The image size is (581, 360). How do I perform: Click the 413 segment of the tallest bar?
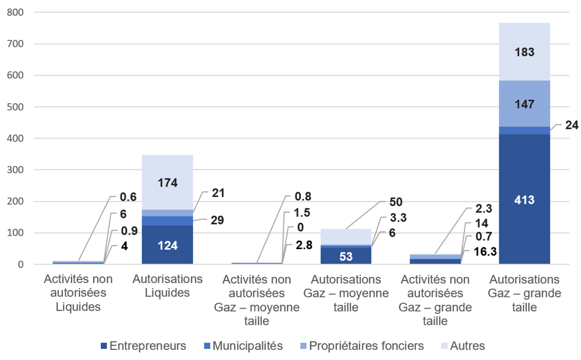tap(524, 199)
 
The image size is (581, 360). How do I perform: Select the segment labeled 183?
tap(524, 52)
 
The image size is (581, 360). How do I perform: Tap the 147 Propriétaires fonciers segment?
tap(524, 104)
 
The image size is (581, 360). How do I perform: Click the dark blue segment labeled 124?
tap(167, 245)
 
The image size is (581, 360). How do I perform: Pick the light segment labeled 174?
tap(167, 182)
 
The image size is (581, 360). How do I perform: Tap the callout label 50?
tap(396, 202)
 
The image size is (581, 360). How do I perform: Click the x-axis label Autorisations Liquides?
tap(167, 286)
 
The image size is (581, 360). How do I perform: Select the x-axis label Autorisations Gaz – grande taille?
tap(524, 293)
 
